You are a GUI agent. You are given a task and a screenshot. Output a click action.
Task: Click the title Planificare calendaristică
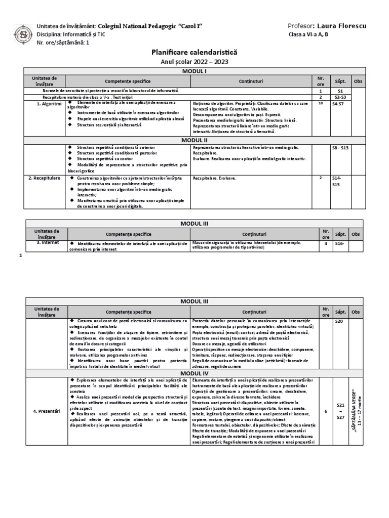(x=194, y=52)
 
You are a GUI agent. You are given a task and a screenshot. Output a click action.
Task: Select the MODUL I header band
(x=194, y=72)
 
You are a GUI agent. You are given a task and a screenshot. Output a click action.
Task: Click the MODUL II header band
(x=194, y=140)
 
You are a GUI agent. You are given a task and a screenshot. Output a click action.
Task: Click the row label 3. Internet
(x=48, y=243)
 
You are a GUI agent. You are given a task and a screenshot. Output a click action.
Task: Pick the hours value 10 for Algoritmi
(x=320, y=103)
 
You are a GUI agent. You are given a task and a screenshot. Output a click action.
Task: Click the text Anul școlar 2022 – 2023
(x=194, y=61)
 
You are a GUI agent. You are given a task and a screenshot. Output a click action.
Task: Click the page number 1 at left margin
(x=21, y=255)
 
